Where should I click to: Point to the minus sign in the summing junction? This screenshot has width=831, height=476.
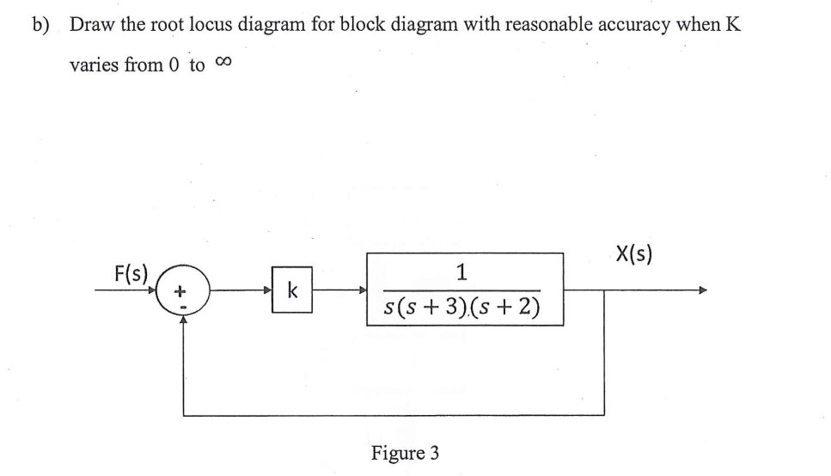(x=181, y=305)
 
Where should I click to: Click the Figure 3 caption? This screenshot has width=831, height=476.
(x=405, y=452)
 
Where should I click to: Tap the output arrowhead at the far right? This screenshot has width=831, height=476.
(x=706, y=290)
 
